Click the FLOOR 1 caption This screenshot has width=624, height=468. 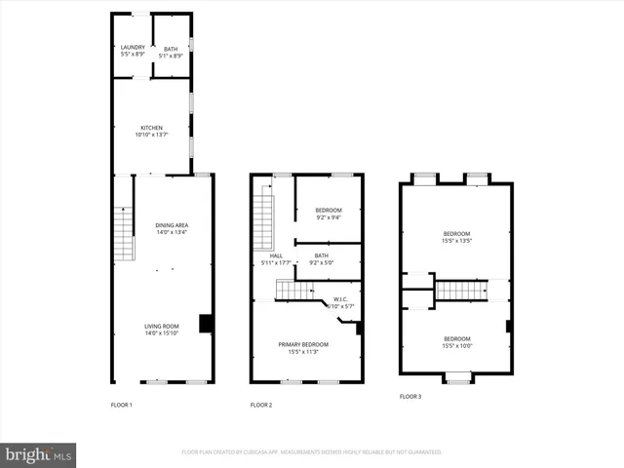tap(122, 405)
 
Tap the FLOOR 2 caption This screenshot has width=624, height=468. tap(261, 405)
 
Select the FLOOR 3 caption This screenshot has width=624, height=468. tap(410, 397)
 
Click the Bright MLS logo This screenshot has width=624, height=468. tap(39, 454)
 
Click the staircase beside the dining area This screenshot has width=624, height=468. tap(123, 235)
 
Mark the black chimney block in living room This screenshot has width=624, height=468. tap(206, 324)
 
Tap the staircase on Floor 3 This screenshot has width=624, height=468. tap(460, 290)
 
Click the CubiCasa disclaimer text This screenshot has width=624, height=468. tap(312, 452)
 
